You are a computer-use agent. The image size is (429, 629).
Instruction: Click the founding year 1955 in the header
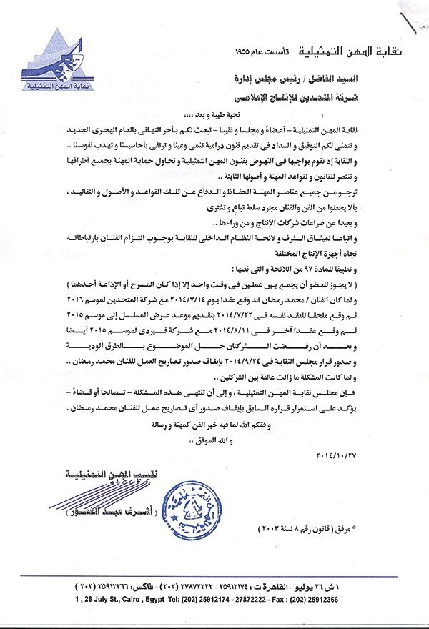(245, 54)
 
